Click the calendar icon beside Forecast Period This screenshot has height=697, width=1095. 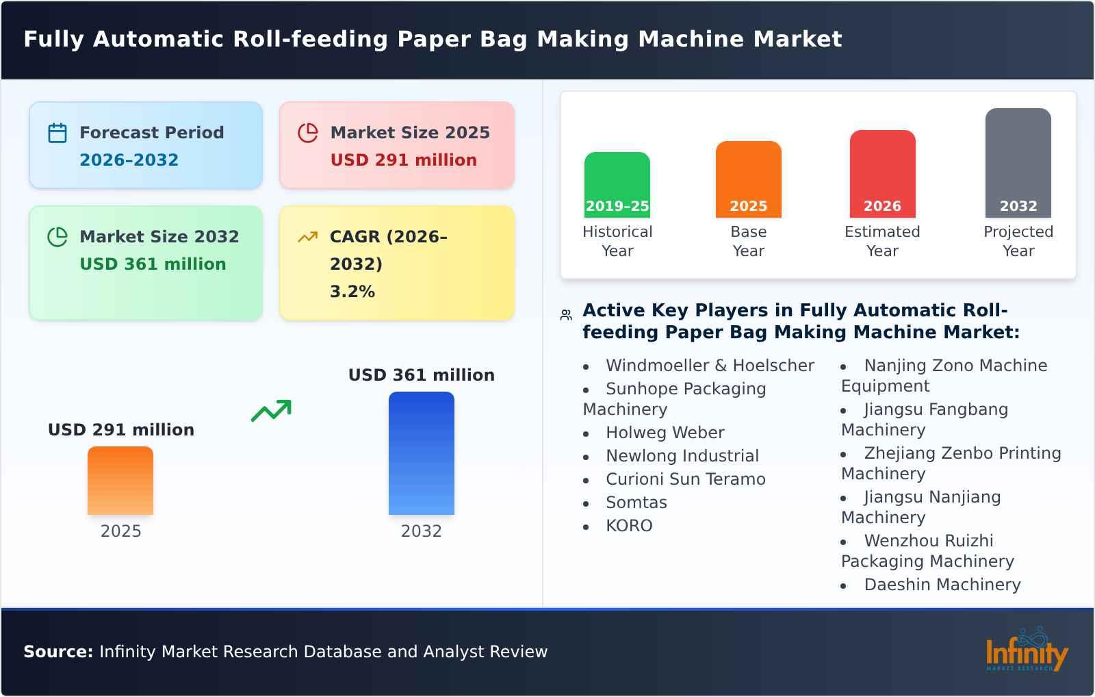click(x=57, y=133)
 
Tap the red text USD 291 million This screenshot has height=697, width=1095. click(x=403, y=160)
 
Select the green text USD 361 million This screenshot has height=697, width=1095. click(x=153, y=264)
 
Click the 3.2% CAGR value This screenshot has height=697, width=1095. click(x=352, y=292)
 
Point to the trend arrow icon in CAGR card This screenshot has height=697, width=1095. click(x=307, y=237)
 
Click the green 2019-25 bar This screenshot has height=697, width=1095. click(x=617, y=184)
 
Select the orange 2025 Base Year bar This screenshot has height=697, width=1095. click(x=748, y=179)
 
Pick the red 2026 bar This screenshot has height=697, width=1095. click(x=882, y=173)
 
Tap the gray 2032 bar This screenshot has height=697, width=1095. click(x=1018, y=162)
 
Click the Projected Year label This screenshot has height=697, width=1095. click(x=1018, y=241)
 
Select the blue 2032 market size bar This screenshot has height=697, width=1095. click(x=421, y=453)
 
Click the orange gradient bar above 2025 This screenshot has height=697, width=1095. click(x=120, y=480)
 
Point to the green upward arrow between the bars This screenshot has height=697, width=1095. click(x=271, y=410)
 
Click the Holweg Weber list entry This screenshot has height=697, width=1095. click(x=665, y=433)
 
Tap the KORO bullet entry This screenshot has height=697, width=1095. click(x=629, y=526)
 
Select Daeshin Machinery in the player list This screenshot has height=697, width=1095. click(x=942, y=585)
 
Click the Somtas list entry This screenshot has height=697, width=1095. click(x=636, y=503)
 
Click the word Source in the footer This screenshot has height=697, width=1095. click(x=57, y=652)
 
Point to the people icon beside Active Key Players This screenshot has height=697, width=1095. click(x=566, y=315)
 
